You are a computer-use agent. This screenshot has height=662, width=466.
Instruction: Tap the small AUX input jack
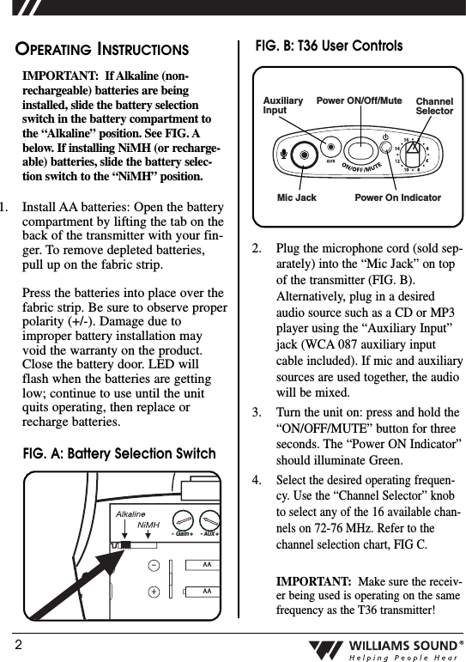327,146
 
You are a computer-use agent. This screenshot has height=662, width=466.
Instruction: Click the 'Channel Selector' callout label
433,106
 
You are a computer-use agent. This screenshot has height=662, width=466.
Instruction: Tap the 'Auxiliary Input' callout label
282,106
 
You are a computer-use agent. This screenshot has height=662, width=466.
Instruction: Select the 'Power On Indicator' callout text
397,197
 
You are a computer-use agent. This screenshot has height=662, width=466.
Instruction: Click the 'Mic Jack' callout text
296,197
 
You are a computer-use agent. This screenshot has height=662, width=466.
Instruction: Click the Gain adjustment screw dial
182,520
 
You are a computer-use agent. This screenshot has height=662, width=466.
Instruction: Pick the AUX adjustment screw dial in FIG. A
209,520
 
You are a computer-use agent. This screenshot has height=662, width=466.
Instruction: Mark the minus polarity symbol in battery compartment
153,566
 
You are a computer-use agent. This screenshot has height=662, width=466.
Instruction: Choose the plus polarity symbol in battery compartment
153,592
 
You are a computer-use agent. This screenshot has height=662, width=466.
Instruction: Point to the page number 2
16,643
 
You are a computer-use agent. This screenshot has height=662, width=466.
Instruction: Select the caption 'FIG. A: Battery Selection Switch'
118,453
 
